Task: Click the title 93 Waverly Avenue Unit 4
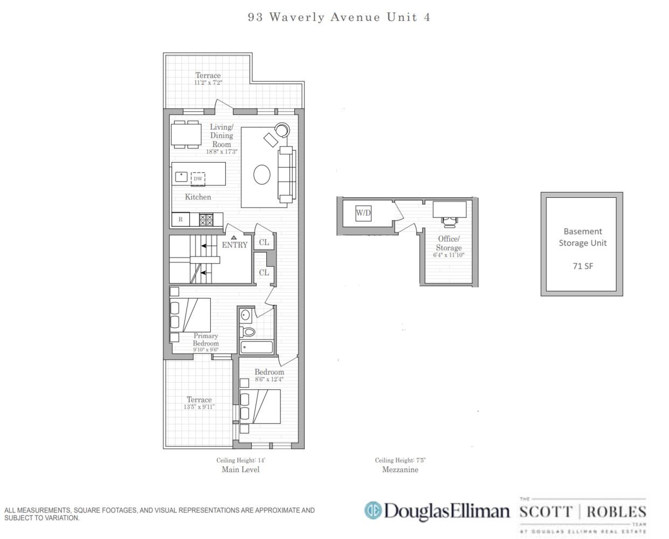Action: tap(339, 17)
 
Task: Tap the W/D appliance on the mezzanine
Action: tap(363, 213)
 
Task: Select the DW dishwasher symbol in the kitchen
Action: tap(198, 178)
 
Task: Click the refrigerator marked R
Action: tap(181, 219)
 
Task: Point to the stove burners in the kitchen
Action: tap(206, 219)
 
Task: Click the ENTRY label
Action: tap(235, 245)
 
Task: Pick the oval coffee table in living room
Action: tap(262, 174)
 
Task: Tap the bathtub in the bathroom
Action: tap(256, 347)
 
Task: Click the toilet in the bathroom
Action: tap(248, 331)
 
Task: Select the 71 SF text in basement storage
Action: tap(582, 266)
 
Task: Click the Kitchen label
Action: tap(198, 197)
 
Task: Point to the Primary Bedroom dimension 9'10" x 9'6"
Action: tap(205, 350)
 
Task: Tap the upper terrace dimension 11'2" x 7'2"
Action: tap(208, 83)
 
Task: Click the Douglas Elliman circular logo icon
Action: tap(373, 510)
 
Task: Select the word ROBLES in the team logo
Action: tap(616, 512)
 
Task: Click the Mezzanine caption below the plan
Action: tap(400, 469)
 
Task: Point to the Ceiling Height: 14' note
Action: tap(240, 460)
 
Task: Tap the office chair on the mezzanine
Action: tap(449, 221)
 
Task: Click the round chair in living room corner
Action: tap(282, 130)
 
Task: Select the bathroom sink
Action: tap(246, 315)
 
